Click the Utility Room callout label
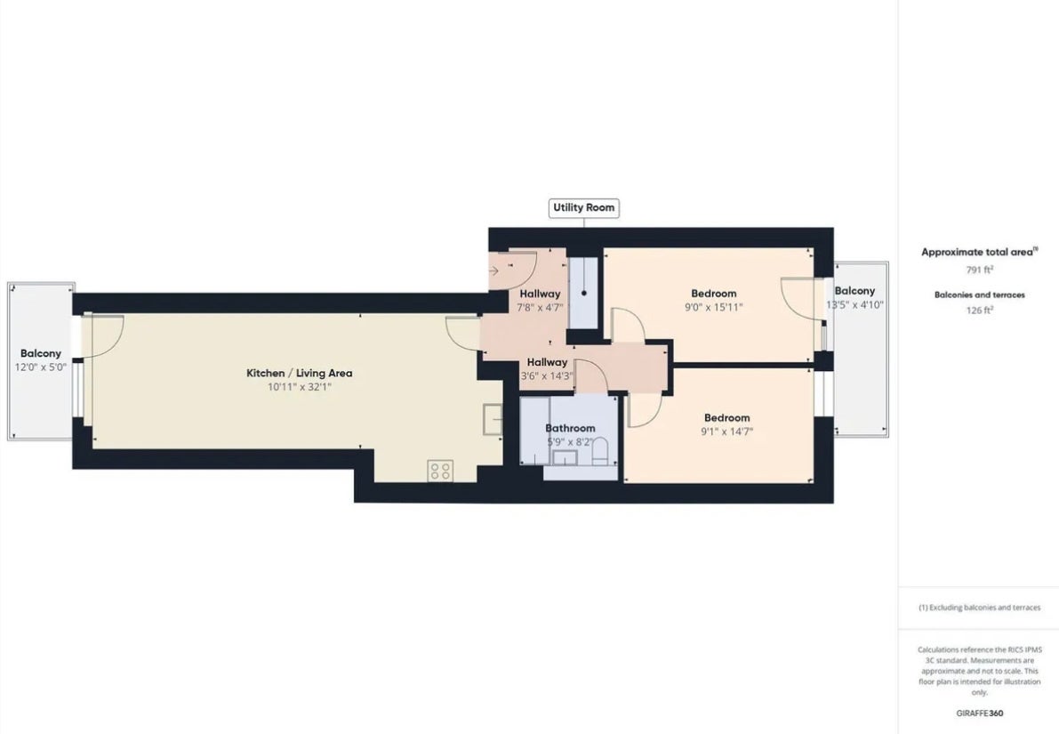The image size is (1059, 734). pos(583,207)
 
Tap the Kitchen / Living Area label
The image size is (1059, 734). pos(299,373)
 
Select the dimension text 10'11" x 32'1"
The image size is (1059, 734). pos(299,388)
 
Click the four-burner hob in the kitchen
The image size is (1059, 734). pos(440,471)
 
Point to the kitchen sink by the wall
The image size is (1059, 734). pos(493,420)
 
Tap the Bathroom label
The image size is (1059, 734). pos(570,428)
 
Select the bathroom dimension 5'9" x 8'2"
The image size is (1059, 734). pos(570,443)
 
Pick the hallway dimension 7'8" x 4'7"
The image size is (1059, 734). pos(540,308)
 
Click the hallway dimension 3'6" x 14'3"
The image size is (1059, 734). pos(546,376)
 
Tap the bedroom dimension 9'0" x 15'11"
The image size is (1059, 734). pos(713,308)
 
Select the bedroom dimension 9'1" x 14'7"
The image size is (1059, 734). pos(726,432)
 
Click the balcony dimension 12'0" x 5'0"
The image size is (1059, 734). pos(41,367)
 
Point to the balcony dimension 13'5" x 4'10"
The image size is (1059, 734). pos(854,305)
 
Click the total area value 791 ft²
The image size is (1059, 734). pos(979,269)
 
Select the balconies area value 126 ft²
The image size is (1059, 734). pos(979,311)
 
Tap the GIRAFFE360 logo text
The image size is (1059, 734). pos(979,713)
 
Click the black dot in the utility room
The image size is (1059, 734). pos(584,294)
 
